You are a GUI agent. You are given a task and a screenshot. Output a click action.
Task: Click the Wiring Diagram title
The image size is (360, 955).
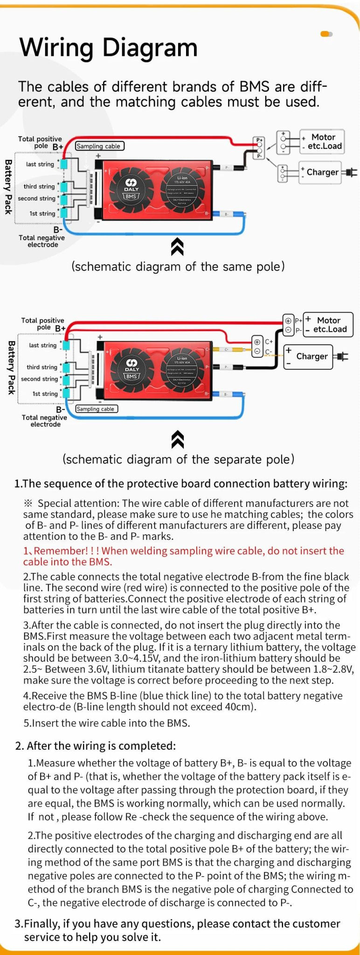tap(108, 48)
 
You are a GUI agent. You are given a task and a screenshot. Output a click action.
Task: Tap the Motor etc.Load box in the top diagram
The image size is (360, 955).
tap(322, 142)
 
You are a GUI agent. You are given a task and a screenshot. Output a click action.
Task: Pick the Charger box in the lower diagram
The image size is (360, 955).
tap(308, 357)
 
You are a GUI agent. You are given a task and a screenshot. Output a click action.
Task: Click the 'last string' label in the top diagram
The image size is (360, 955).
tap(40, 164)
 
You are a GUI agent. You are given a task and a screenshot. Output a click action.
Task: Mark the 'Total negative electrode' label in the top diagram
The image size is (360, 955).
tap(42, 241)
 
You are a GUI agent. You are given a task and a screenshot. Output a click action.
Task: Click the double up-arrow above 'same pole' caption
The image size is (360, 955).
tap(177, 247)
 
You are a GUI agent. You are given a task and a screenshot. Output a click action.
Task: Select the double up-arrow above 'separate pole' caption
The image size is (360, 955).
tap(178, 439)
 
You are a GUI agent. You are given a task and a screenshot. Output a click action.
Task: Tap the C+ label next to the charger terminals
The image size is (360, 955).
tap(269, 342)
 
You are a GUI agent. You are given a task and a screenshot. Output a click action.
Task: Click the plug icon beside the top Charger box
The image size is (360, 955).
tap(351, 173)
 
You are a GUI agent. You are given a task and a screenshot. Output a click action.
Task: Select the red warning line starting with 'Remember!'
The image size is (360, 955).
tap(183, 556)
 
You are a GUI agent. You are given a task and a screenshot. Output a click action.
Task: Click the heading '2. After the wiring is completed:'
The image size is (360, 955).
tap(96, 746)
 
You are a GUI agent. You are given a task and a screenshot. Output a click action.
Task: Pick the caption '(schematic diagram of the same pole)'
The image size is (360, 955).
tap(178, 267)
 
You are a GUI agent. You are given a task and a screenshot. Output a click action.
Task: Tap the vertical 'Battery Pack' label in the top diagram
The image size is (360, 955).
tap(8, 187)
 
